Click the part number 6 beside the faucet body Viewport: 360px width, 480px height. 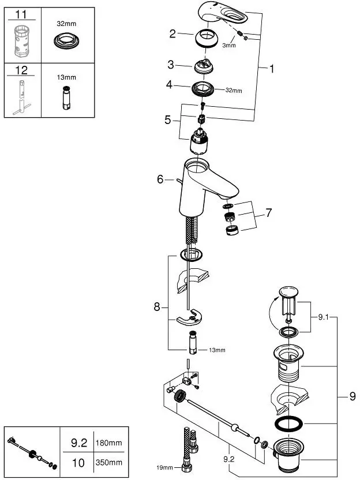[160, 179]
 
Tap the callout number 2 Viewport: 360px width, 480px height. [172, 33]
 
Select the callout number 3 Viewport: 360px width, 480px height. [171, 64]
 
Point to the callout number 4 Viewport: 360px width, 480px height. [170, 84]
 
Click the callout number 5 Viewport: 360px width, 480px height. [168, 120]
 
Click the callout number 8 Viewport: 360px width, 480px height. [156, 307]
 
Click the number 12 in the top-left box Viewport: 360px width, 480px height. [21, 71]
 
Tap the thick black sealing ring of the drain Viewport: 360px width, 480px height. [287, 423]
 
